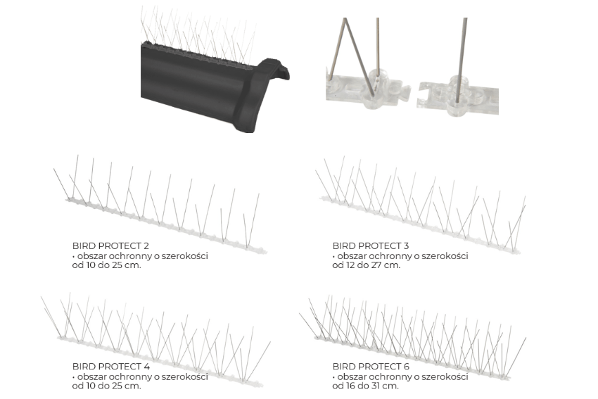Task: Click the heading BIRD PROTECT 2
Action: [110, 246]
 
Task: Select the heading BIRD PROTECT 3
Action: [371, 246]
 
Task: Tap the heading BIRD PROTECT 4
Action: [111, 367]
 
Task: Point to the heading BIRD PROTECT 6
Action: [371, 367]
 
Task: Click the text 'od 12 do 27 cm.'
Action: [367, 265]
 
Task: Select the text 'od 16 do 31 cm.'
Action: [365, 386]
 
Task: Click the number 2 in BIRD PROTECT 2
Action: [146, 246]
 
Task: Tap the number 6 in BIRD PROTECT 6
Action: [407, 367]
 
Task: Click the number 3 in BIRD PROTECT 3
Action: [406, 246]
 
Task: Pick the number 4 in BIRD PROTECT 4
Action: [146, 367]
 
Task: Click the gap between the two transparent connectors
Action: [414, 96]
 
